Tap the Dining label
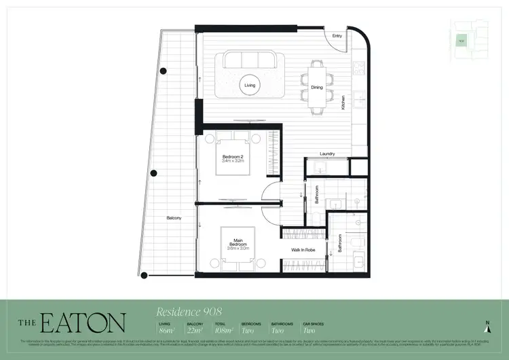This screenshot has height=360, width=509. (317, 88)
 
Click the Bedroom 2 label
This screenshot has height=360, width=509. (233, 158)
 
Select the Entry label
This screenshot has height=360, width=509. (337, 35)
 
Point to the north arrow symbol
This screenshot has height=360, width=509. (487, 327)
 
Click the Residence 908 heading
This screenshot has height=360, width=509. (189, 312)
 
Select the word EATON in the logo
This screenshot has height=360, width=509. (83, 323)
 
